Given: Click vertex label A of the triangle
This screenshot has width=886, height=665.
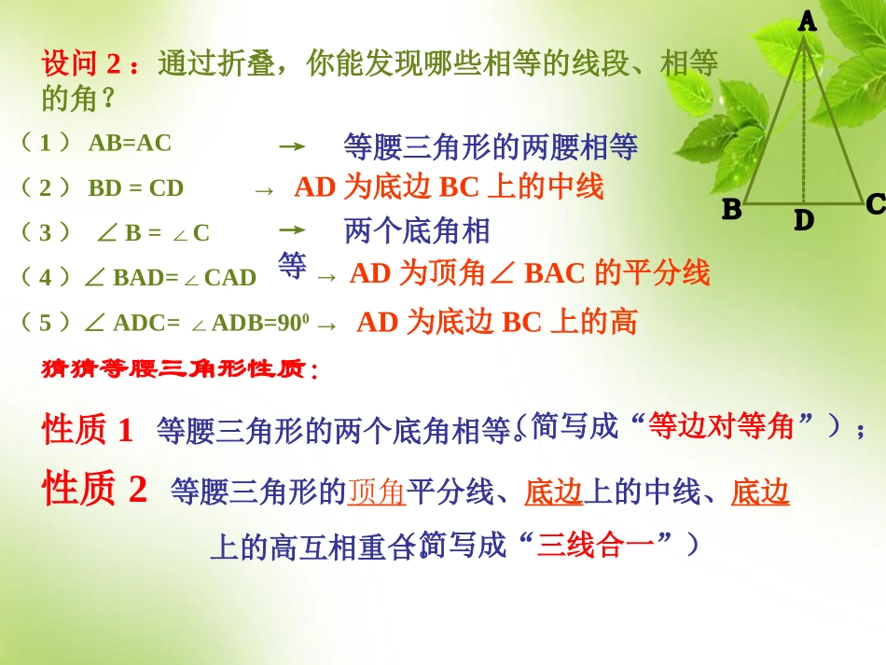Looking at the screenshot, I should pos(808,21).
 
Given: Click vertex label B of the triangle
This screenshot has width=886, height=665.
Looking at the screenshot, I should pos(732,210).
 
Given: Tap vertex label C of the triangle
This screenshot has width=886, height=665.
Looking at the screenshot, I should pos(874,204).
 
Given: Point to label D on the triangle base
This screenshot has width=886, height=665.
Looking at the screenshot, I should pos(803,221).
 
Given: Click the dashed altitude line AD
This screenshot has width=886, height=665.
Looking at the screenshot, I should pos(804,121).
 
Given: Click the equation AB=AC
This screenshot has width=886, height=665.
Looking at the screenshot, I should pos(130,143).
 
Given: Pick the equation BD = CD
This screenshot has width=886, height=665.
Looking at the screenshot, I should pos(135,188).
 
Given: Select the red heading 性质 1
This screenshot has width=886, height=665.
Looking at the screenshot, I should pos(89,430).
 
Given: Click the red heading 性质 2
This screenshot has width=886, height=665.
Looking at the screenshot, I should pos(95,489).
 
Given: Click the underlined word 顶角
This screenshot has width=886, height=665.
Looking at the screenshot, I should pos(377,492).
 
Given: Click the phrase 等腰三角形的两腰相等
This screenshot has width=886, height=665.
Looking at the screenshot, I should pos(491,145).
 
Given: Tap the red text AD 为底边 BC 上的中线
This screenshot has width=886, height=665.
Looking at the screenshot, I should pos(449,187).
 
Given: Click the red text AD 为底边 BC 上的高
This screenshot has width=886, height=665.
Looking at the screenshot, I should pos(497,323).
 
